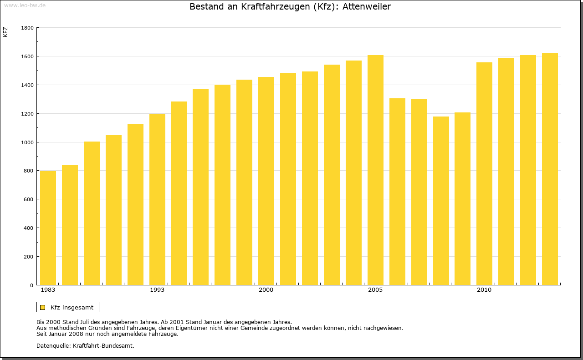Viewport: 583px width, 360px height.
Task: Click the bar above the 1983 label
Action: (x=48, y=228)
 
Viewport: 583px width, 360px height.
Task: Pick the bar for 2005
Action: (x=375, y=170)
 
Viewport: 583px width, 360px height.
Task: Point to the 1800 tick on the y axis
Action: (x=28, y=28)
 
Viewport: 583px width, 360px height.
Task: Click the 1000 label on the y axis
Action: (x=28, y=142)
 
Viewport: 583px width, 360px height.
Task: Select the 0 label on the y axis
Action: (x=31, y=285)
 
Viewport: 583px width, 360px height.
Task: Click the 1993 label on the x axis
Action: (x=157, y=290)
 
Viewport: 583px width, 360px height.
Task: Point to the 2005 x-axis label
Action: (x=375, y=290)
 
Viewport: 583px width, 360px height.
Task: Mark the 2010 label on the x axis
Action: (x=484, y=290)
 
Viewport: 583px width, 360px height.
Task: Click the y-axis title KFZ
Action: (x=5, y=32)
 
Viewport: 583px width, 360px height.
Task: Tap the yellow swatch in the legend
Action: (x=42, y=307)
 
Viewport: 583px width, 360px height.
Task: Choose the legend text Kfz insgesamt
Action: (x=72, y=307)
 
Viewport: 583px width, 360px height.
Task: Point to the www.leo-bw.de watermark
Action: (x=25, y=5)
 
